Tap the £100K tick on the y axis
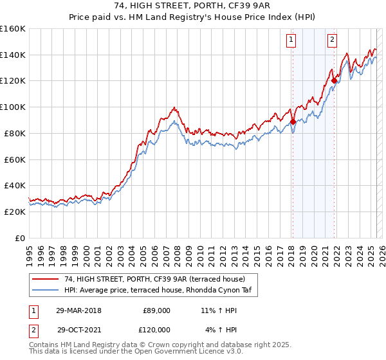[13, 107]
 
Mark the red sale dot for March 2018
[293, 121]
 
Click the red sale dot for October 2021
[334, 80]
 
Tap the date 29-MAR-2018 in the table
[78, 310]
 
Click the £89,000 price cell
[156, 310]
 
